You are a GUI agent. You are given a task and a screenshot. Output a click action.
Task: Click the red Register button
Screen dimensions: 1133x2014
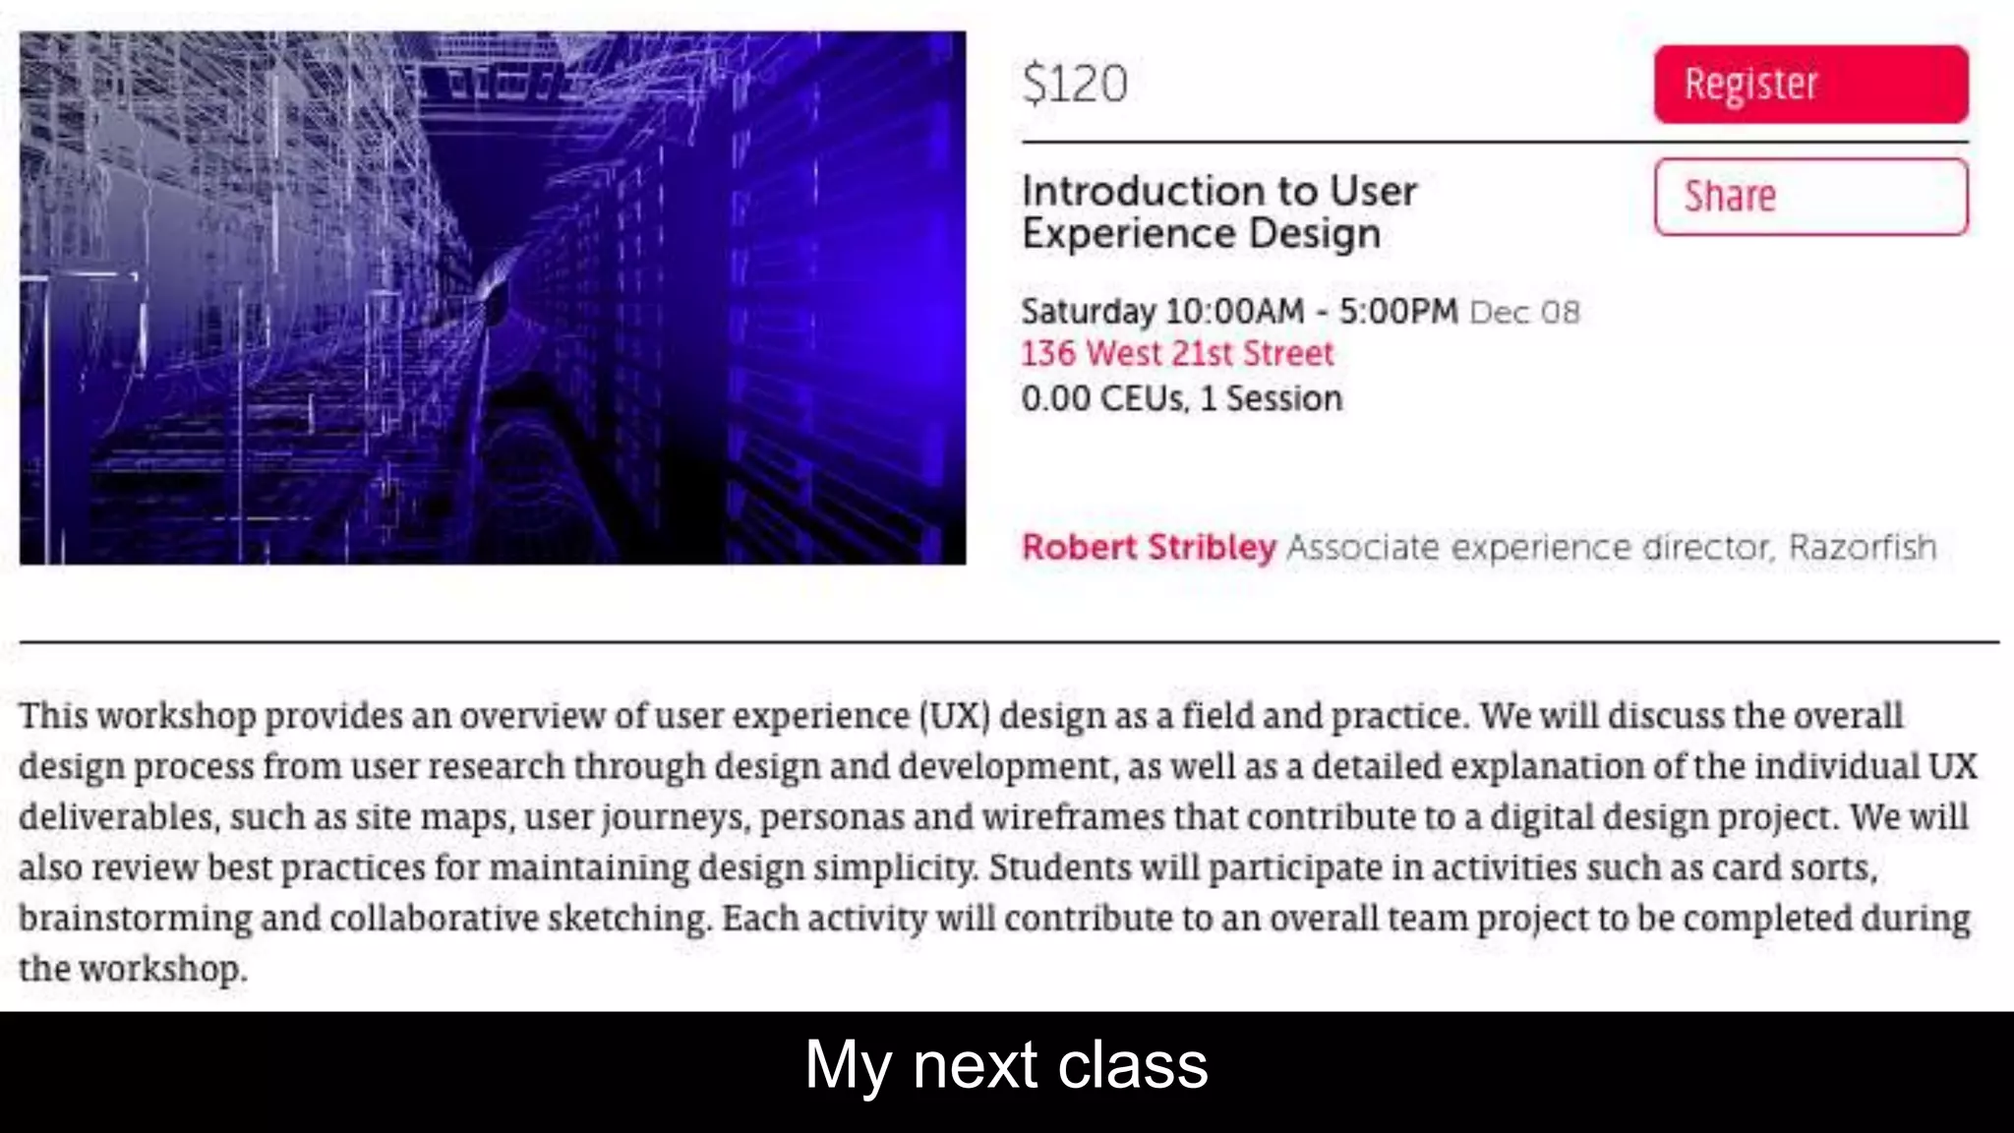pos(1810,85)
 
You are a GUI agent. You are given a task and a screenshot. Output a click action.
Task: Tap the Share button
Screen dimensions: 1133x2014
pos(1810,197)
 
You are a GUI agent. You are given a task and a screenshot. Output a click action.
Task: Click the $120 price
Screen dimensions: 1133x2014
pos(1075,85)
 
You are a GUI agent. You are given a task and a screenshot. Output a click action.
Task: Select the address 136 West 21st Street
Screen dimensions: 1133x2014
pos(1177,354)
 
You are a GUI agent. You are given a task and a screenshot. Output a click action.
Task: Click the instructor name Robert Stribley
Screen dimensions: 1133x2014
pos(1149,548)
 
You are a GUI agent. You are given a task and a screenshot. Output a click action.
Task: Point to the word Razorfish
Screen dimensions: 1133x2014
pos(1862,548)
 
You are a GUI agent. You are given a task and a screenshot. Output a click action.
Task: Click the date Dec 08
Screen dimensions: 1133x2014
pos(1524,313)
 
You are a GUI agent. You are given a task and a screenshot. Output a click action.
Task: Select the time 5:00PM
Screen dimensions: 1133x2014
pos(1398,312)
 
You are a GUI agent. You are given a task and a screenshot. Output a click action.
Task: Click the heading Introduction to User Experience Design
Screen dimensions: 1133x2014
pos(1218,212)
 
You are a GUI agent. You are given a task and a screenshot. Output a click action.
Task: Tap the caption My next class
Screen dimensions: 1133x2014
pos(1006,1065)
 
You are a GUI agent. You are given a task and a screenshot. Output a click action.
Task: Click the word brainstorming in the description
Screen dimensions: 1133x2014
pos(136,919)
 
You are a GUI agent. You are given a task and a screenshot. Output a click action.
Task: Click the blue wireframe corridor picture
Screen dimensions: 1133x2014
pos(493,298)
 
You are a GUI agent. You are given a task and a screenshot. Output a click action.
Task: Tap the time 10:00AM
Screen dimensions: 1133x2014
pos(1234,312)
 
